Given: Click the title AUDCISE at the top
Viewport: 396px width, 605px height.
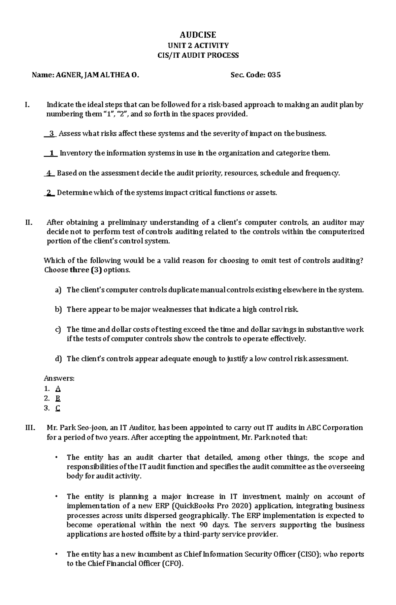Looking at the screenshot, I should tap(198, 35).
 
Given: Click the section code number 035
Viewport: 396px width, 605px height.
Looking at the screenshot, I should tap(274, 75).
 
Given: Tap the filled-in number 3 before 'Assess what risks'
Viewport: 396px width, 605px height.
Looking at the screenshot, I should tap(51, 134).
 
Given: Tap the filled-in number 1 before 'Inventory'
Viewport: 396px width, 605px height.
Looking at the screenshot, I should tap(51, 153).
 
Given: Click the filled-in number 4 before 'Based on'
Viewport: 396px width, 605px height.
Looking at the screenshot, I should tap(49, 173).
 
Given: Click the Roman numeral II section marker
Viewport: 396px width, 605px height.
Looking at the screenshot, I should tap(29, 222).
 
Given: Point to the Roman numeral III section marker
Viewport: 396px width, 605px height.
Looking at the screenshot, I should tap(30, 428).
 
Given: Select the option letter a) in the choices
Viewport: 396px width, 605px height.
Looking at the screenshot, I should tap(58, 290).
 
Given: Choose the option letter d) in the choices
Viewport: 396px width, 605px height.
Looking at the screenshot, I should tap(58, 359).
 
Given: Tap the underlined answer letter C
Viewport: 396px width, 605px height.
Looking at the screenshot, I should tap(58, 408).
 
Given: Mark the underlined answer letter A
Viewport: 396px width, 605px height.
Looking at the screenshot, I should tap(58, 389).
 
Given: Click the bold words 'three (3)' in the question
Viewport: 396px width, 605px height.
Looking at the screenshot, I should tap(83, 270).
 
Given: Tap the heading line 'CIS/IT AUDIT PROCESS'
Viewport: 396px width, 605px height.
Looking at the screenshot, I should tap(198, 55).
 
